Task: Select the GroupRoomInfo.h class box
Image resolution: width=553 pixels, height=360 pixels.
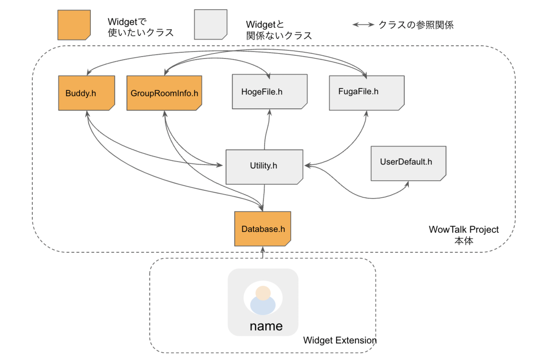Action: (164, 93)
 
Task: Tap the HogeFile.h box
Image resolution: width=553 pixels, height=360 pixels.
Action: (269, 91)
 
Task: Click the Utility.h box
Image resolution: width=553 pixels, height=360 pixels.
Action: (264, 166)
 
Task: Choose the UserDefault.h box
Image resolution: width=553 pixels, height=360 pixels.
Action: (408, 163)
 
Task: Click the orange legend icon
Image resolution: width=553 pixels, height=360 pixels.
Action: (74, 25)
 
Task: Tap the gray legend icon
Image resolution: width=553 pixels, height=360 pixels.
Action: (210, 25)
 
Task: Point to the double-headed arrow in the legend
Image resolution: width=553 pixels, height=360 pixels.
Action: (364, 25)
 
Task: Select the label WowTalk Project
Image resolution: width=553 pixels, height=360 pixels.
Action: (464, 230)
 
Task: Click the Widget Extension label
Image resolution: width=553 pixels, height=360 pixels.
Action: (340, 341)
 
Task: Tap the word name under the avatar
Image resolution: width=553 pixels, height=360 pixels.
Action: (266, 326)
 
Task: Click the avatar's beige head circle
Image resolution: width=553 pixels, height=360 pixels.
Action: (263, 293)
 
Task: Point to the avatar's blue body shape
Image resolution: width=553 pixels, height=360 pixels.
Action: (263, 306)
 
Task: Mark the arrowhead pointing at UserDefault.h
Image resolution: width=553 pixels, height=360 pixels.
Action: (407, 184)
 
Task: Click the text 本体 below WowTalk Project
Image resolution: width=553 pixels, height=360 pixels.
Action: (464, 241)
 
